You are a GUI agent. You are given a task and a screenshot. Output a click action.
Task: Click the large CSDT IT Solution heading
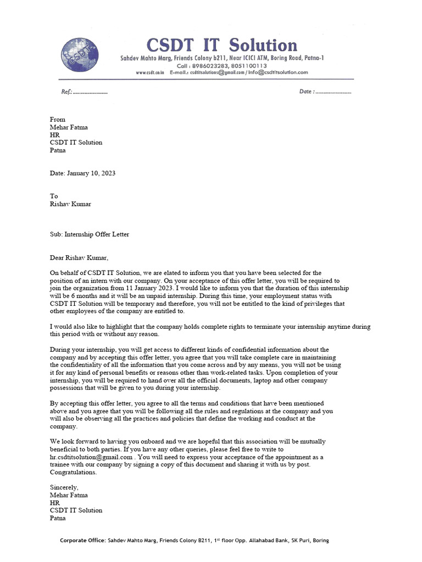click(x=221, y=45)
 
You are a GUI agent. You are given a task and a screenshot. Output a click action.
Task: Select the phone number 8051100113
click(x=248, y=65)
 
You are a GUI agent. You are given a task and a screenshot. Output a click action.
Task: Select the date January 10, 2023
click(x=91, y=173)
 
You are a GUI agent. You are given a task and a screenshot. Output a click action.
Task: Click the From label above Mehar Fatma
click(x=58, y=119)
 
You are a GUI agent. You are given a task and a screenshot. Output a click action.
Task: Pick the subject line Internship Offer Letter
click(x=97, y=234)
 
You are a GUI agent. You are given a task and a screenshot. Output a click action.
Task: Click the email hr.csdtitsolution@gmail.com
click(x=91, y=457)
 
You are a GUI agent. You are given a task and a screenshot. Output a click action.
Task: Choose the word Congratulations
click(x=73, y=472)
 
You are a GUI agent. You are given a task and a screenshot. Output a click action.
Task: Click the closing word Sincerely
click(x=64, y=487)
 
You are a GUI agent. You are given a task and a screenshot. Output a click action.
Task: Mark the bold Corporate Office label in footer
click(x=83, y=541)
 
